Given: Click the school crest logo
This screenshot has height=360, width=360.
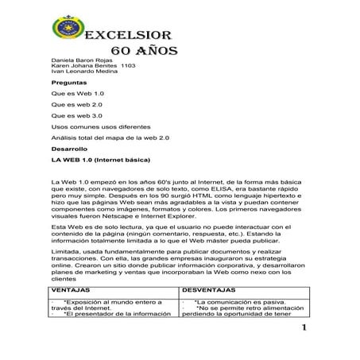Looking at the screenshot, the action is [66, 35].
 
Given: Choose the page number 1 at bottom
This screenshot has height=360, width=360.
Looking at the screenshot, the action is [304, 330].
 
